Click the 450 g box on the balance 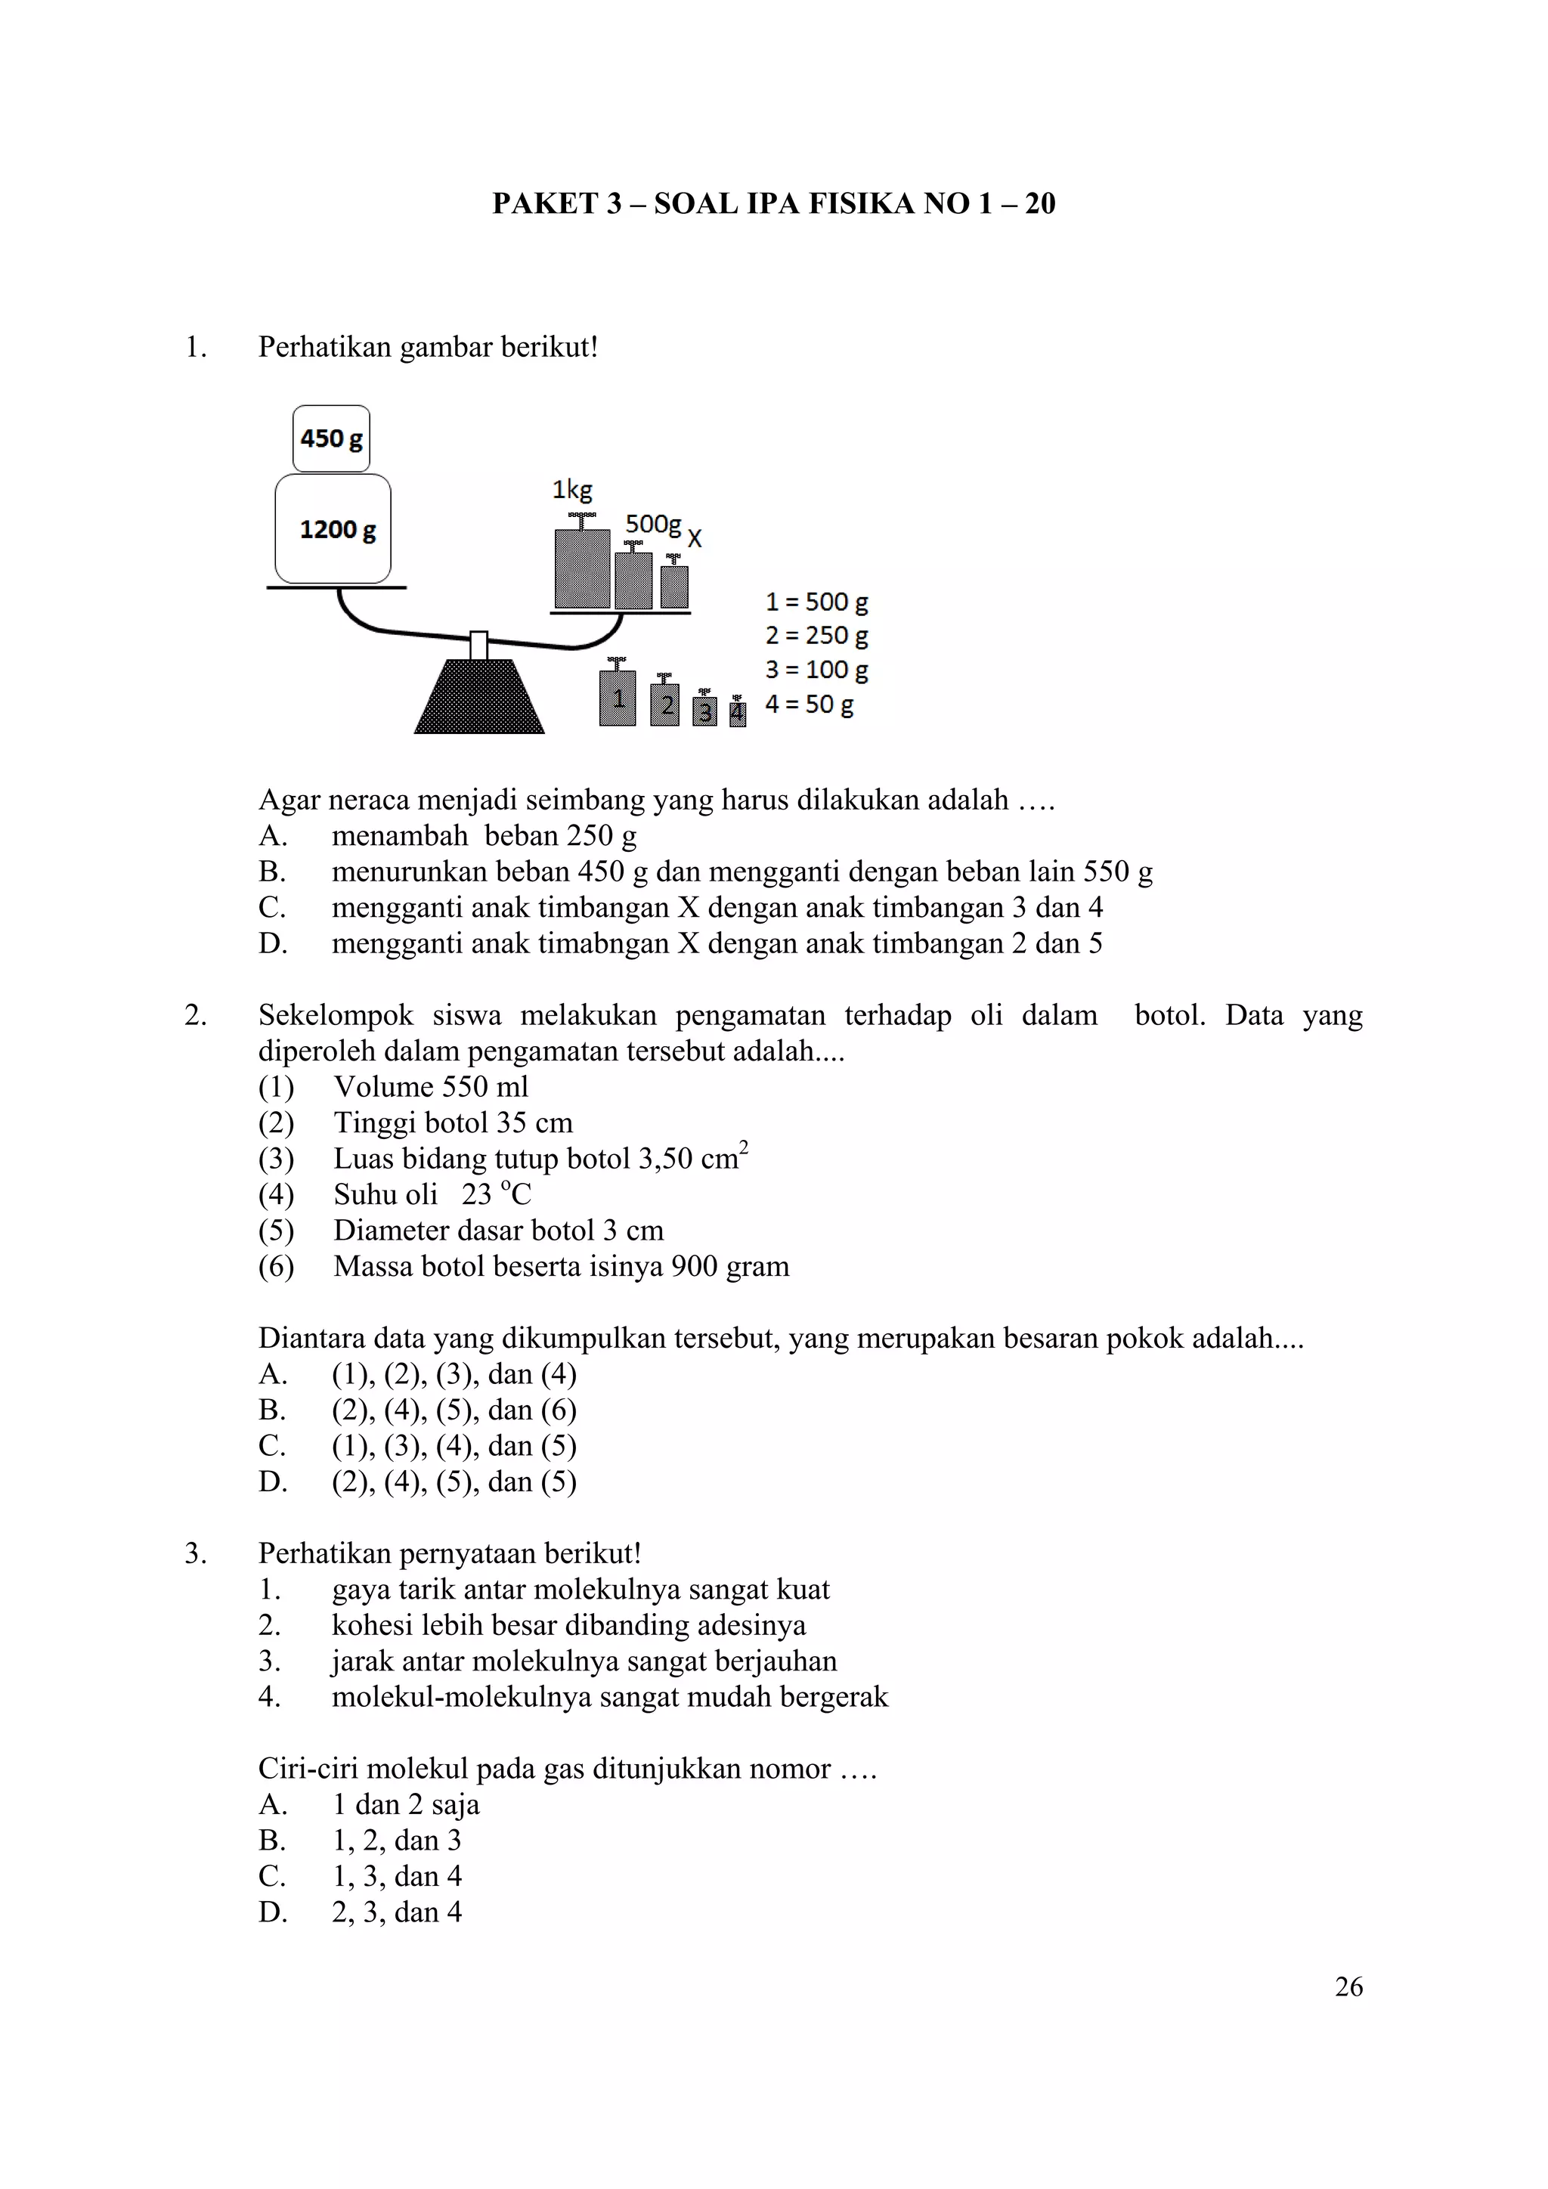coord(331,438)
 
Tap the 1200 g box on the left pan coord(333,529)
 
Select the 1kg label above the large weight coord(572,490)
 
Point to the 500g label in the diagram coord(653,523)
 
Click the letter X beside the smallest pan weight coord(695,539)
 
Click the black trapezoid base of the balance coord(478,699)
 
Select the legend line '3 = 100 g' coord(816,670)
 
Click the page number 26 coord(1348,1987)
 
